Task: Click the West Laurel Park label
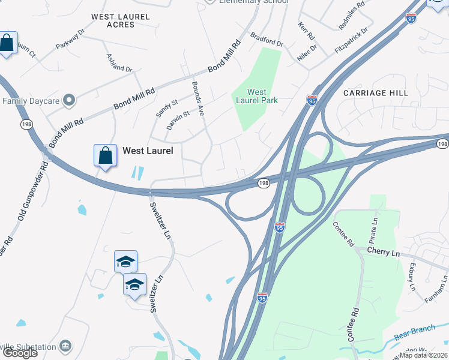pos(257,96)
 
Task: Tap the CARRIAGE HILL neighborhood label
pos(376,93)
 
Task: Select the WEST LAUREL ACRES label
pos(120,20)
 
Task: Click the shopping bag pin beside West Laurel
pos(106,156)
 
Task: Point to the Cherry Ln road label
pos(383,253)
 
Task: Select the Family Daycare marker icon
pos(69,100)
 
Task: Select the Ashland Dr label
pos(118,63)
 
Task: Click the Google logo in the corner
pos(20,353)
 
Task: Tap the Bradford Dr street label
pos(267,40)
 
